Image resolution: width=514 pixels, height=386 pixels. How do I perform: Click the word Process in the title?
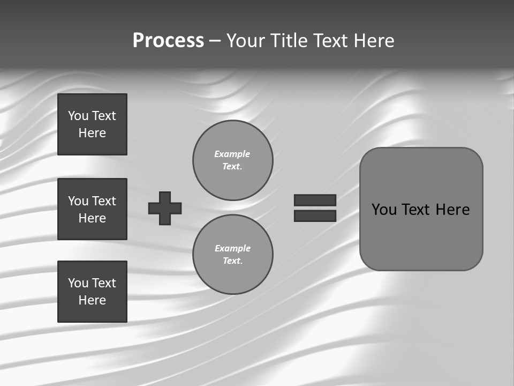168,41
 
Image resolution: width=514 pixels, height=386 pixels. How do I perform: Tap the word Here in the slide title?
374,41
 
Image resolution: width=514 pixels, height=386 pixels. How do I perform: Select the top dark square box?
92,124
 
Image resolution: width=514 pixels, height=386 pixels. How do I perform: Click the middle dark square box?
92,209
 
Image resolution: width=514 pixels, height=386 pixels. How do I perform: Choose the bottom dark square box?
92,292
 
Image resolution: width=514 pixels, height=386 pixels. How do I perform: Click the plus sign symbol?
165,208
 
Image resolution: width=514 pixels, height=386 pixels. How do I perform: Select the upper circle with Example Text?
233,160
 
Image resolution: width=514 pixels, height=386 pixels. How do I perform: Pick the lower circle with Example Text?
233,255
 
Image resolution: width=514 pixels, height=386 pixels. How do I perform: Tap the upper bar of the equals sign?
315,200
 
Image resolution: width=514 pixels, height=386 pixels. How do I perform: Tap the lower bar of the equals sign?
315,216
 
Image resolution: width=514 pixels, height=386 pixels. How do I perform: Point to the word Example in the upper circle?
232,154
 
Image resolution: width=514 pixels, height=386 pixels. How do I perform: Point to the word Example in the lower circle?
232,248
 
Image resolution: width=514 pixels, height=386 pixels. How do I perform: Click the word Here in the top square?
92,133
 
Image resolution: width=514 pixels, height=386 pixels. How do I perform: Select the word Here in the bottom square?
92,300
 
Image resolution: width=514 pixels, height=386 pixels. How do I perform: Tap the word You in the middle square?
77,201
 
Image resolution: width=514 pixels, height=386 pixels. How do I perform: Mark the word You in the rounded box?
384,210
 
